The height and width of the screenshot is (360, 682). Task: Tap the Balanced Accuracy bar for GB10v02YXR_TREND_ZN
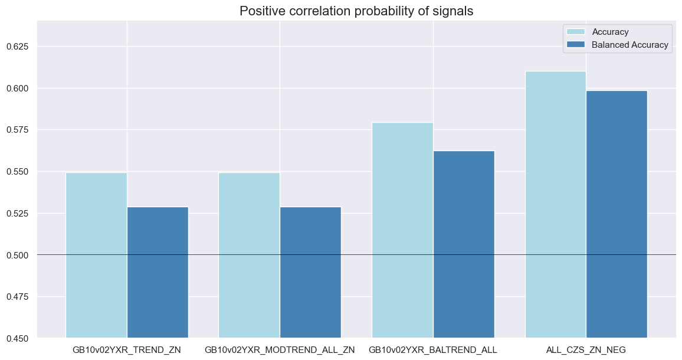pyautogui.click(x=158, y=272)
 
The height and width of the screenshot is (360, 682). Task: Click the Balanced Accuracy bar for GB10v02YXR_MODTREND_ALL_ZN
pyautogui.click(x=310, y=272)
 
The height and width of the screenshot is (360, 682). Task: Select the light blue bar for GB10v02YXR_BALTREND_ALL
pyautogui.click(x=402, y=230)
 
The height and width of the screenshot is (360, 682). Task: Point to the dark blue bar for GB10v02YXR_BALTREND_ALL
pyautogui.click(x=464, y=244)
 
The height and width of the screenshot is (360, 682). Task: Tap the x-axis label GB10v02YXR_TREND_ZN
pyautogui.click(x=127, y=350)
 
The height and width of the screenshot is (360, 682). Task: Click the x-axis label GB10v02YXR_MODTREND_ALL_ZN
pyautogui.click(x=280, y=350)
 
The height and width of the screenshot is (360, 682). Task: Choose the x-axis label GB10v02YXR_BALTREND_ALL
pyautogui.click(x=433, y=350)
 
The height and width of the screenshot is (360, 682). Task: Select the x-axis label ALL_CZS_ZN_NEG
pyautogui.click(x=586, y=350)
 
